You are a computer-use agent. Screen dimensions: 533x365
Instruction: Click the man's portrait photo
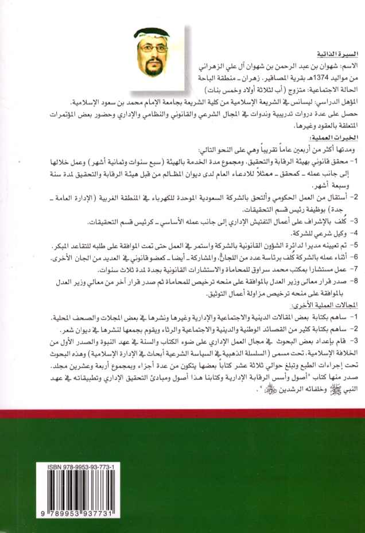click(x=157, y=57)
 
